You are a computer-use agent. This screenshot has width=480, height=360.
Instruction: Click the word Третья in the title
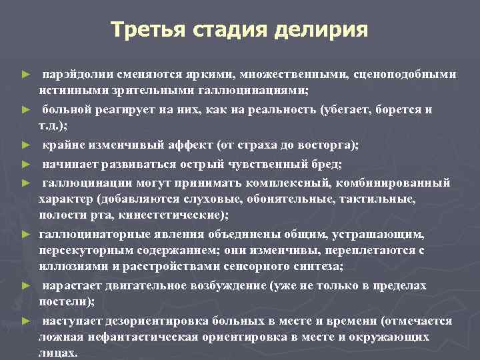coord(147,29)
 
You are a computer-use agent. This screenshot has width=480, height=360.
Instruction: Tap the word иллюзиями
coord(69,266)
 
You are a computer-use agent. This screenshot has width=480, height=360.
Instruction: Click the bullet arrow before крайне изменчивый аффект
coord(25,145)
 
